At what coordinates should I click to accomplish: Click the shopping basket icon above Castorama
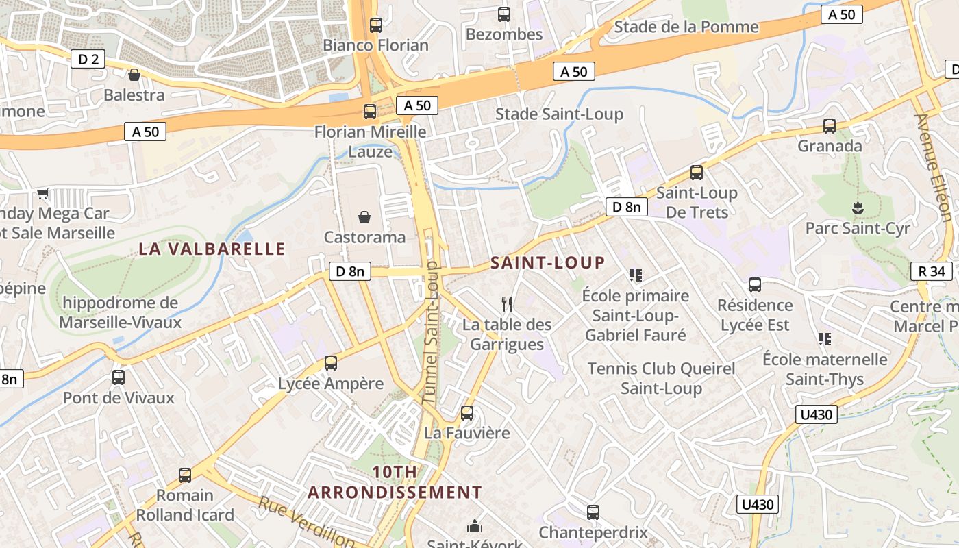[364, 217]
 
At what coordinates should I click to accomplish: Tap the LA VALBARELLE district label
[212, 249]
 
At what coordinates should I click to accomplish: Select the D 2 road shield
[88, 59]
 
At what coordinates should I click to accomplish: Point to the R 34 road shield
[932, 271]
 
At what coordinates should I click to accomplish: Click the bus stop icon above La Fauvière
[467, 413]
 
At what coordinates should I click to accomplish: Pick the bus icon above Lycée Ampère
[331, 363]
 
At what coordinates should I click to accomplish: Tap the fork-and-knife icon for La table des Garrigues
[507, 303]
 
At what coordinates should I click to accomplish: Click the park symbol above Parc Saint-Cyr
[856, 207]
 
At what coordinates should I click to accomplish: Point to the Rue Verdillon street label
[306, 522]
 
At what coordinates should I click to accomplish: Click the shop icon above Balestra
[134, 75]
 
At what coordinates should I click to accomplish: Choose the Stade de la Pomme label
[686, 27]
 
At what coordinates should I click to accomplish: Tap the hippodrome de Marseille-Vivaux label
[121, 312]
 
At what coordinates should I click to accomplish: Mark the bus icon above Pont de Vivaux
[119, 377]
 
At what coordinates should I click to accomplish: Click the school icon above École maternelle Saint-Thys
[825, 339]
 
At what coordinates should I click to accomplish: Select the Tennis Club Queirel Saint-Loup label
[661, 378]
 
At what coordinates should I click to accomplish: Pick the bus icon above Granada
[830, 126]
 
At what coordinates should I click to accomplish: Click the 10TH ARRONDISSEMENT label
[395, 482]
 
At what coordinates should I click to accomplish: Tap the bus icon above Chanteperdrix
[593, 512]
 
